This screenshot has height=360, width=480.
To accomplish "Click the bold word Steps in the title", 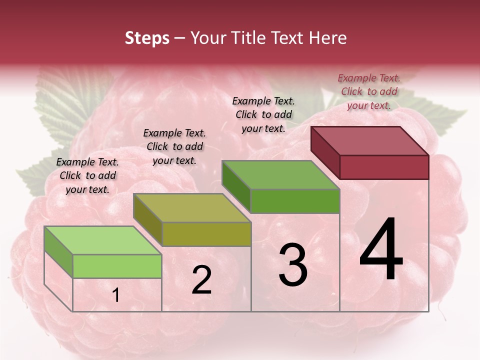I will (146, 38).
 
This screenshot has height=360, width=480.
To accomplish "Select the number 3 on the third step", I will (292, 265).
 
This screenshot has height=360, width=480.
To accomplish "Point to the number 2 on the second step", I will (201, 280).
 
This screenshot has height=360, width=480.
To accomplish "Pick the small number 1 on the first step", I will (115, 295).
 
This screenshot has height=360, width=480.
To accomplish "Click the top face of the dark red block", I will (369, 140).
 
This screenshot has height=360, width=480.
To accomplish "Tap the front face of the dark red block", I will (384, 167).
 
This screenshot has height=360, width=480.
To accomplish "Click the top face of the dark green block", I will (280, 175).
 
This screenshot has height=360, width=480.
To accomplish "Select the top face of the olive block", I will (191, 207).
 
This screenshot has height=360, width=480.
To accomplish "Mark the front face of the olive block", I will (206, 234).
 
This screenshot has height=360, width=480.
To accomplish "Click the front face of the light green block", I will (117, 266).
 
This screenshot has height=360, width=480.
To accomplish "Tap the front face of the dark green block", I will (295, 201).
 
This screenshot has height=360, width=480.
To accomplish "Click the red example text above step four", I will (369, 91).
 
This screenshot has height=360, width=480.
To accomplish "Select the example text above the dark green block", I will (263, 114).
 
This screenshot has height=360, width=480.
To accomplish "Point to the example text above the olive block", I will (174, 146).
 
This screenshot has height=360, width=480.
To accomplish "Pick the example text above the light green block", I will (87, 175).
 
